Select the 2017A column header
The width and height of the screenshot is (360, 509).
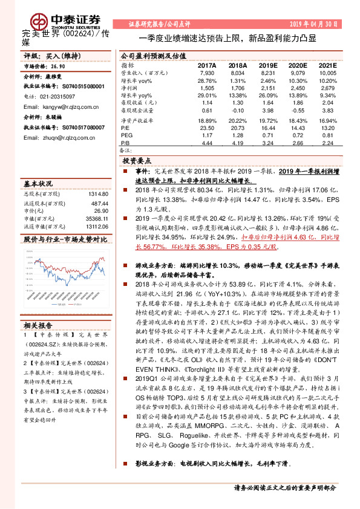207,64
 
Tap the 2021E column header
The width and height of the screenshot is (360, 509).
327,64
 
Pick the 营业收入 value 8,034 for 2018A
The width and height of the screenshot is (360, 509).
237,73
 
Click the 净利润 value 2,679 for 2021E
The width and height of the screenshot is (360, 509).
327,88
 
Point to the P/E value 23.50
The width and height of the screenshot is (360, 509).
207,128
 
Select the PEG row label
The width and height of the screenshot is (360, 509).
126,136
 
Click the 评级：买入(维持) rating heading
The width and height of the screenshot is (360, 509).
45,55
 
